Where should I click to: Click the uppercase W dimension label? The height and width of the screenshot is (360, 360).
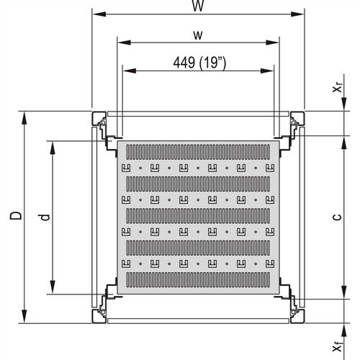point(197,6)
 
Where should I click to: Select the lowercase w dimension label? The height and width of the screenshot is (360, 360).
point(197,35)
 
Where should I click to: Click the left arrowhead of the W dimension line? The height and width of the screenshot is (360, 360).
point(96,14)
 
